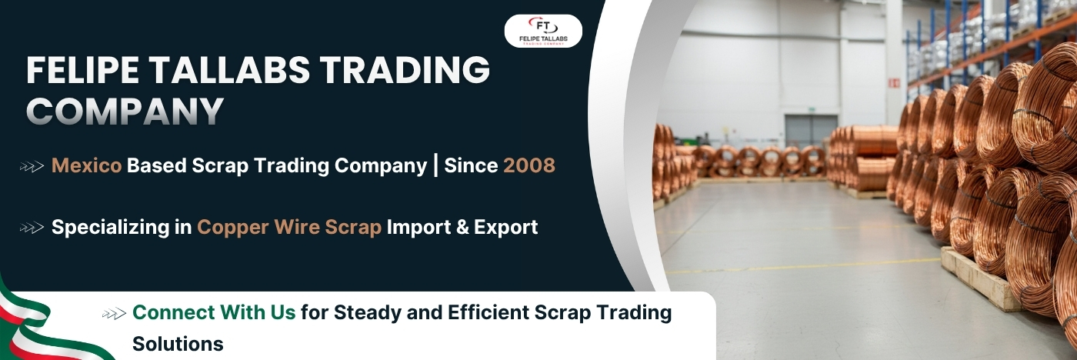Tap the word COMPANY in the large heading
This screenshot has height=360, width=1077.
coord(125,111)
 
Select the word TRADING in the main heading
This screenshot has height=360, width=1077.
coord(405,70)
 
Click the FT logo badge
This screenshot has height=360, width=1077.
coord(543,32)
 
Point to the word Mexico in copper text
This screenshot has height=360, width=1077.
coord(86,165)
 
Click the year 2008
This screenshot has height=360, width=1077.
coord(529,165)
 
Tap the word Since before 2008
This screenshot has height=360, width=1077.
coord(471,165)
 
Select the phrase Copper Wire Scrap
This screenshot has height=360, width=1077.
coord(289,227)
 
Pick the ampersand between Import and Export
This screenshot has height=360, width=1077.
coord(462,228)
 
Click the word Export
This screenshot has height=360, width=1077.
coord(506,228)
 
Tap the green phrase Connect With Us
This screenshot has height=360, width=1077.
coord(214,312)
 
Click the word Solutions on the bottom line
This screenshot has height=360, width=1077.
coord(178,344)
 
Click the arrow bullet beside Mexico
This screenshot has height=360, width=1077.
coord(32,166)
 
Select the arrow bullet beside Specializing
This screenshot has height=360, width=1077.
coord(32,228)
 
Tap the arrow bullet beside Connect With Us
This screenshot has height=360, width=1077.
coord(114,314)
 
